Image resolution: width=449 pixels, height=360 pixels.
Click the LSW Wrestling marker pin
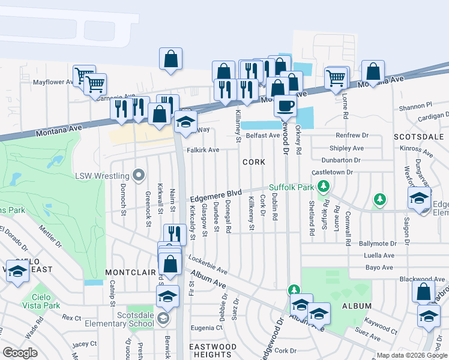pos(139,176)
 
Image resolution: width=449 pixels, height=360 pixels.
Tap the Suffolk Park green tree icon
pos(324,187)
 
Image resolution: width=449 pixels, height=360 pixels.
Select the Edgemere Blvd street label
pos(215,196)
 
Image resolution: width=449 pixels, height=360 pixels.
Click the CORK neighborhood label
pos(253,162)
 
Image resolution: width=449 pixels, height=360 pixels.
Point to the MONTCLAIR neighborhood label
pos(127,272)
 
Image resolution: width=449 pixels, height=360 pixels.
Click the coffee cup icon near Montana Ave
pos(285,105)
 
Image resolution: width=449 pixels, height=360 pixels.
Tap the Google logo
pos(20,352)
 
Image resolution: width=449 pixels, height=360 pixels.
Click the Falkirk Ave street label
pos(202,149)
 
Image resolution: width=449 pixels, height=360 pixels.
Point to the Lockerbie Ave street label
pos(208,265)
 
